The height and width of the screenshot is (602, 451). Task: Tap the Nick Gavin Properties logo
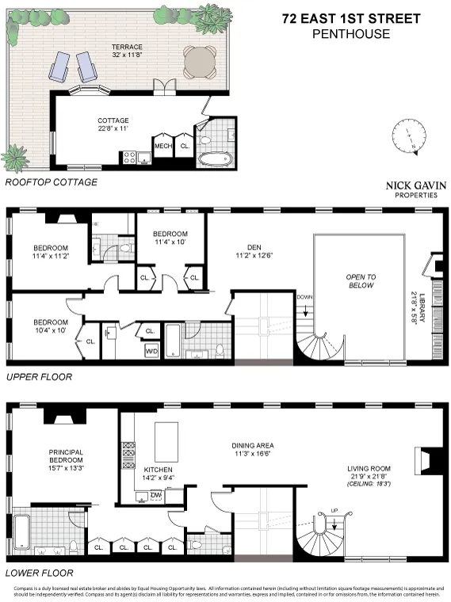click(x=415, y=189)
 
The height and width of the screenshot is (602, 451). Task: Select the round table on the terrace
click(x=199, y=59)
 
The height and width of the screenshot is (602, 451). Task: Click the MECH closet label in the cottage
click(x=163, y=146)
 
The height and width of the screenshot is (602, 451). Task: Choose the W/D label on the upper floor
click(x=151, y=350)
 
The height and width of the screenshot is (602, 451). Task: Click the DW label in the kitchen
click(x=155, y=494)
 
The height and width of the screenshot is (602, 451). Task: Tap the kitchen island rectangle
click(x=166, y=440)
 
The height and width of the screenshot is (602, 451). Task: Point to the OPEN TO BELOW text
click(x=358, y=280)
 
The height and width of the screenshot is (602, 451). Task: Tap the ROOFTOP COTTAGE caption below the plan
click(x=52, y=183)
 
